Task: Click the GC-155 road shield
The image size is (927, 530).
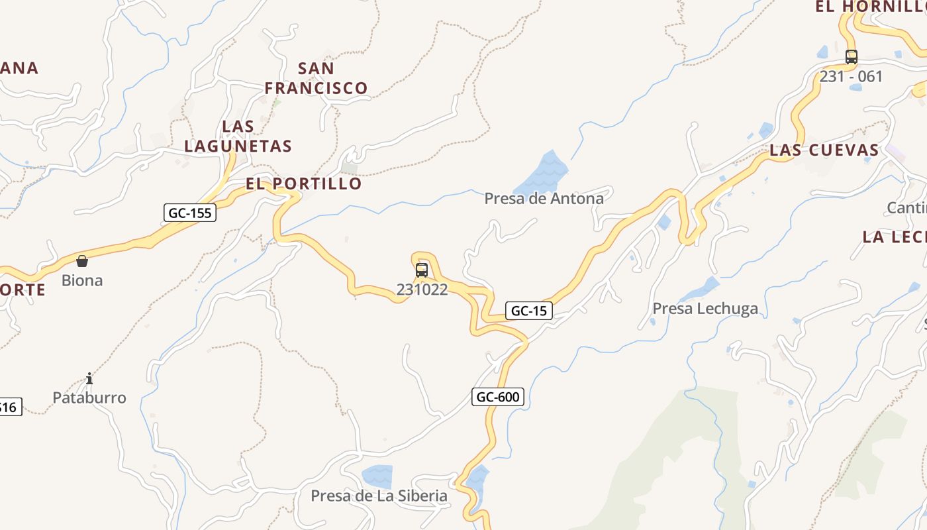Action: tap(190, 213)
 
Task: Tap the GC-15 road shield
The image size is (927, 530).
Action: tap(528, 311)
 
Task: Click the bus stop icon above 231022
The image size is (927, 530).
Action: tap(422, 270)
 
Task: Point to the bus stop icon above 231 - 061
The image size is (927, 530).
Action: tap(852, 57)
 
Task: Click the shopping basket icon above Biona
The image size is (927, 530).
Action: tap(82, 261)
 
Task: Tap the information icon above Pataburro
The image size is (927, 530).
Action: tap(89, 379)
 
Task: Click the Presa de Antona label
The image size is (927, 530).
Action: tap(544, 198)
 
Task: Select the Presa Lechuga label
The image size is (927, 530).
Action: tap(705, 308)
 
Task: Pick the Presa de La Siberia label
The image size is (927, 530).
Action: tap(379, 496)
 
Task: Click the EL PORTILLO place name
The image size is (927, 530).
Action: tap(304, 184)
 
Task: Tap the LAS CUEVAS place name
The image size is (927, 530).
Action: tap(824, 150)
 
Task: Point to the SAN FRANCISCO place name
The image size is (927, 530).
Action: tap(316, 78)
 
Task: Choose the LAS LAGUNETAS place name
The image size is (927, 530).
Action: tap(238, 136)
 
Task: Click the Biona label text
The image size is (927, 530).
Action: tap(82, 280)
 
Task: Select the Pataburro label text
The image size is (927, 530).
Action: tap(89, 397)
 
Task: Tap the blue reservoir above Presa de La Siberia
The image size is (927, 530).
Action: tap(377, 476)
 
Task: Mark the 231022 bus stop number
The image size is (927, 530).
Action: tap(422, 290)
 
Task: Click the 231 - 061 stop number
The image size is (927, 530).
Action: tap(852, 76)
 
